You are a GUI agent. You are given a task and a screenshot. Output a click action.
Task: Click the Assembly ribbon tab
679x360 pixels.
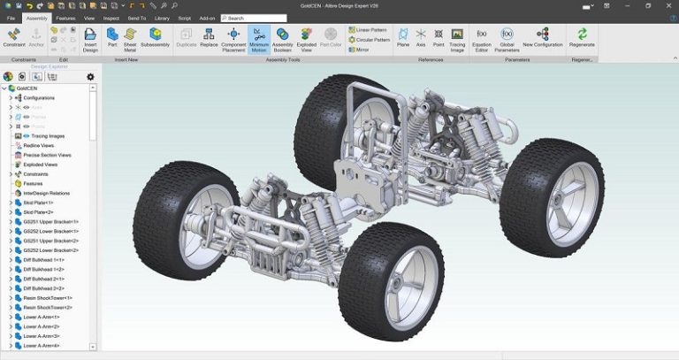36,18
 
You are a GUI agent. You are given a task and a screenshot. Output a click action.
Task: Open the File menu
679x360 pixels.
11,18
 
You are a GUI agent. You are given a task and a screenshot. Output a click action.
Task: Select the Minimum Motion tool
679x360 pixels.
259,39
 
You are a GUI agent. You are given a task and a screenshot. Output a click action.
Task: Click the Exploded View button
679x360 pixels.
307,39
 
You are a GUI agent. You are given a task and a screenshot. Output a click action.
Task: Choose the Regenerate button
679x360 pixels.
582,39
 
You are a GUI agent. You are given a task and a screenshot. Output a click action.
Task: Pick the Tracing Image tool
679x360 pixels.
457,39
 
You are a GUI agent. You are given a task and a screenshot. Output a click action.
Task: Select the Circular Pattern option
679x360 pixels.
370,40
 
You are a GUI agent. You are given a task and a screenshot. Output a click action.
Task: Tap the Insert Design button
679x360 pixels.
90,39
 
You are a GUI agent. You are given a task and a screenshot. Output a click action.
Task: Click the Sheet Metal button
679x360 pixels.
129,39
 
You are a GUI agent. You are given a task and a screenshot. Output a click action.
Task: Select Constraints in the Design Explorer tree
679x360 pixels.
36,173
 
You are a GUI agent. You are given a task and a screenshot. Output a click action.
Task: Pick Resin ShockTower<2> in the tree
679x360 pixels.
48,307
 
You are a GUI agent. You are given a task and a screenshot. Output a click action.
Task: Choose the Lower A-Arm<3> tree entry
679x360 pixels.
41,336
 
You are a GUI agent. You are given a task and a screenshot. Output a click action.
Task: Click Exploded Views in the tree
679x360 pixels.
40,164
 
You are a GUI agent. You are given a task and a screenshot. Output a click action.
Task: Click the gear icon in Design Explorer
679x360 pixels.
90,77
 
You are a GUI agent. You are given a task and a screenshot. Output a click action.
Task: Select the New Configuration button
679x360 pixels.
542,39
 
